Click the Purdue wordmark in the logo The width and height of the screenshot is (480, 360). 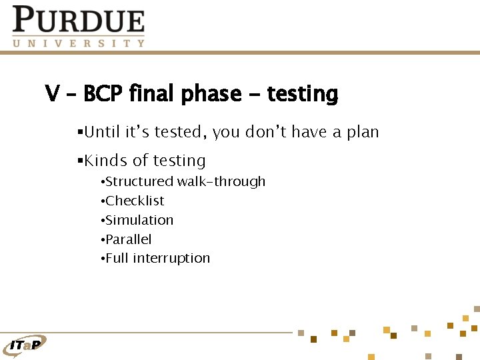78,20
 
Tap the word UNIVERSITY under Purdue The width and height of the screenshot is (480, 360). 78,43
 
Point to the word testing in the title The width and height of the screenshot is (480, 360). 302,94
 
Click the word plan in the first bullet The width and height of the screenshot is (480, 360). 362,132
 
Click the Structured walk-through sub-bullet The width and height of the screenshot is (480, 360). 185,181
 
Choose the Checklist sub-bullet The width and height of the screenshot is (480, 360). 134,201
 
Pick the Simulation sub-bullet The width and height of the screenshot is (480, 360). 139,220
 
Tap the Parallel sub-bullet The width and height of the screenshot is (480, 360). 128,239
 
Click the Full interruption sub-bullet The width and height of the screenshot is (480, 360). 157,258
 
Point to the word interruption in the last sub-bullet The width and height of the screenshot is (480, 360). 171,258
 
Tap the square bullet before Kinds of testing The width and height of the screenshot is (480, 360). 79,161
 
